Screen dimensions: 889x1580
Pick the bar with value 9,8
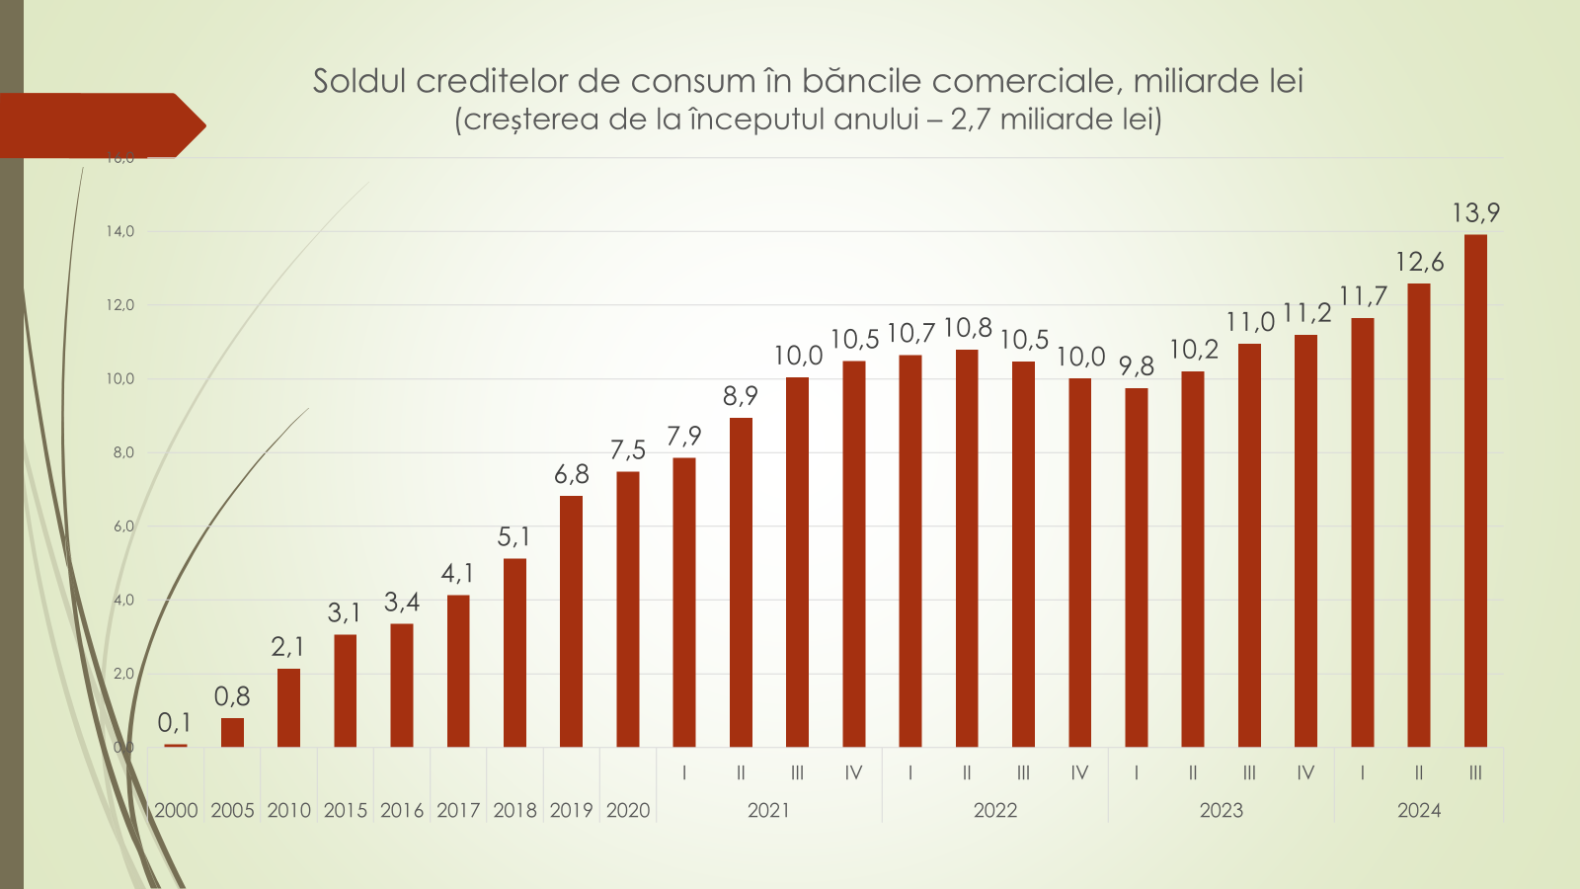click(1137, 567)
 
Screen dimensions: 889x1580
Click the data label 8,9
click(741, 396)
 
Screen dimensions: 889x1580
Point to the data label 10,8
click(968, 328)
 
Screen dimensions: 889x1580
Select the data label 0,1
click(175, 723)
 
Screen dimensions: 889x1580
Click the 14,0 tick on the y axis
click(120, 231)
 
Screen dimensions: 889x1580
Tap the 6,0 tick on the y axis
click(122, 526)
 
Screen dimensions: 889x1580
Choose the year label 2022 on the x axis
click(995, 811)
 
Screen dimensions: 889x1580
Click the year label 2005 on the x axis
click(232, 811)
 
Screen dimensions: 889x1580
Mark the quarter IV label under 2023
click(1305, 773)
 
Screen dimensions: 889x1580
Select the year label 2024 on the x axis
click(1419, 811)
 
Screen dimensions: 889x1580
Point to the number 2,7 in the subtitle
click(971, 120)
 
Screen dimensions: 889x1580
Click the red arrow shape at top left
click(99, 125)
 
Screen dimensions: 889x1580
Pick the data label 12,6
click(1419, 262)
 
